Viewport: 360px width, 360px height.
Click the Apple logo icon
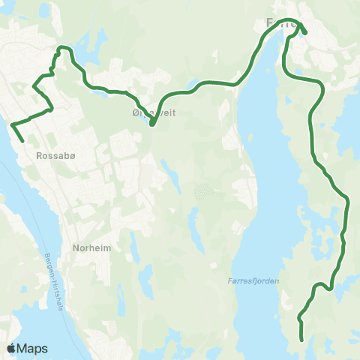pos(11,348)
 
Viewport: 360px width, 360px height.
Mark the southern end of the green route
pos(301,340)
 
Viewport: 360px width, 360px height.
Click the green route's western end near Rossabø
pos(22,141)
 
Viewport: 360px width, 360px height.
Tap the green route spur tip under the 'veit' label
pos(151,124)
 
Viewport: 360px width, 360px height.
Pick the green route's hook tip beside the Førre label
pos(306,31)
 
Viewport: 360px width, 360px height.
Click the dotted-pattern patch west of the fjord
pos(202,193)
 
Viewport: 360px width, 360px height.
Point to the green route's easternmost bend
pos(349,201)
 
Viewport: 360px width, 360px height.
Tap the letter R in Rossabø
pos(38,157)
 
